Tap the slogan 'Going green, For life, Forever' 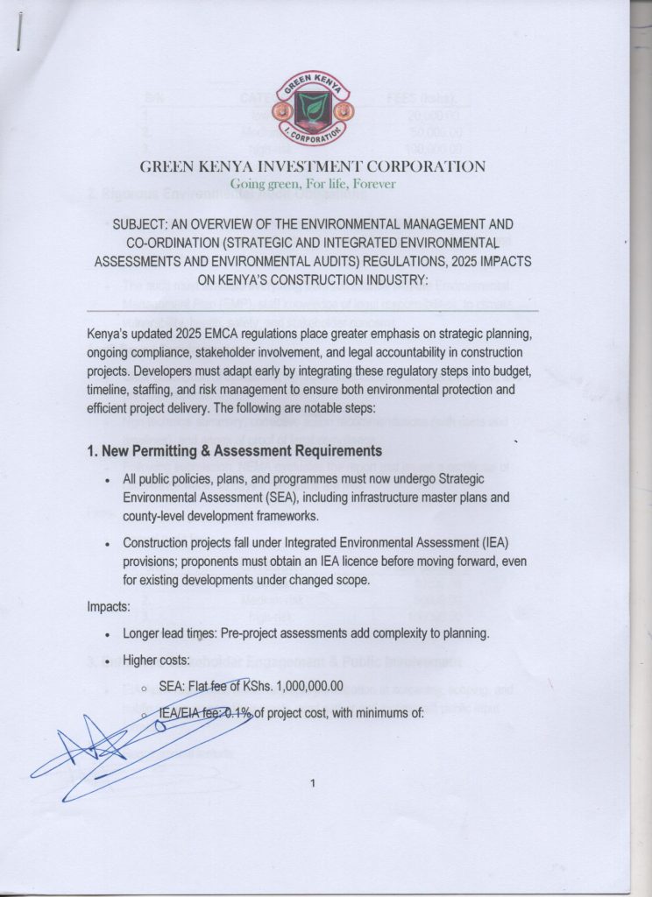[312, 184]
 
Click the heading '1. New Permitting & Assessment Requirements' [235, 451]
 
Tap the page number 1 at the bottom [312, 783]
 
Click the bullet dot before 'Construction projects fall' [106, 543]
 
